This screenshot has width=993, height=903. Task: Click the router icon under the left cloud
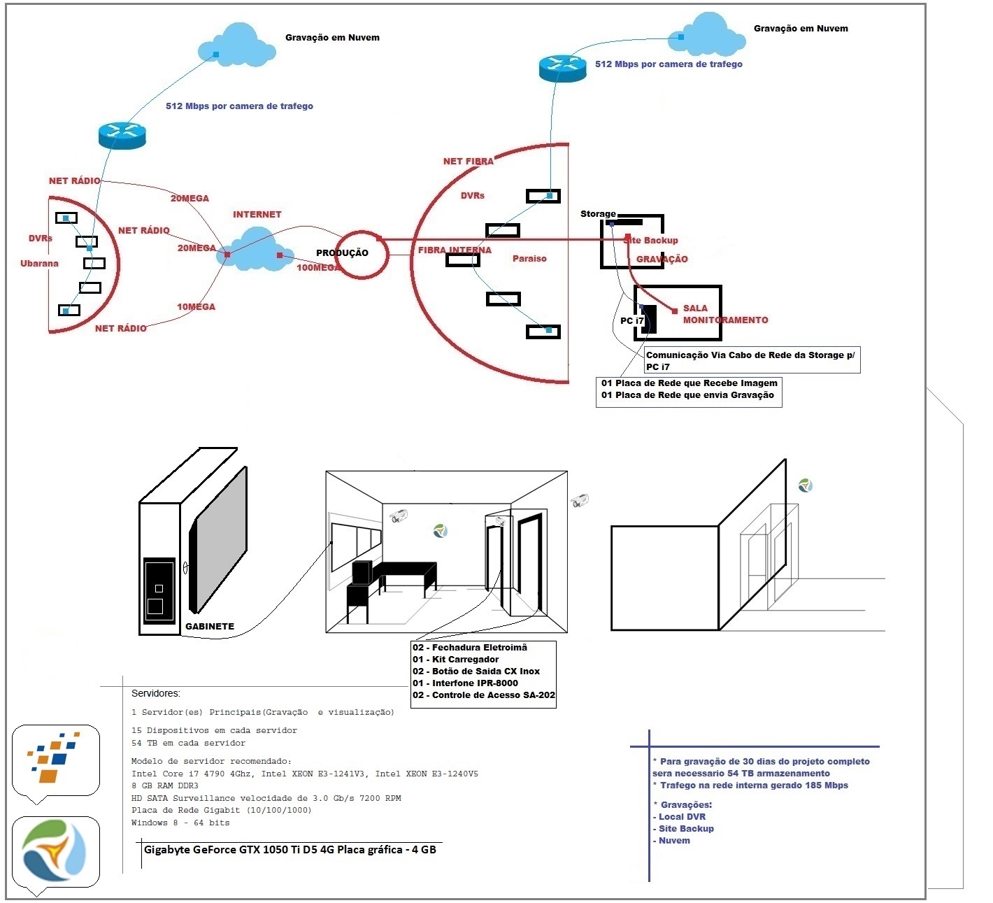pyautogui.click(x=122, y=135)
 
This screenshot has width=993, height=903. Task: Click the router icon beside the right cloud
pyautogui.click(x=563, y=68)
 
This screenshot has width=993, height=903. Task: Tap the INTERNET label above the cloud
pyautogui.click(x=257, y=215)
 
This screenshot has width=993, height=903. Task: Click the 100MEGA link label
pyautogui.click(x=317, y=267)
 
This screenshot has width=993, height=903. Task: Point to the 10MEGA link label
pyautogui.click(x=196, y=306)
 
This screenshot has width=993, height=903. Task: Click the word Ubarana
pyautogui.click(x=40, y=264)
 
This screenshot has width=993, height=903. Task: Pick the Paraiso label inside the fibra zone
pyautogui.click(x=529, y=259)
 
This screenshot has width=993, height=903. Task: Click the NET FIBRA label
pyautogui.click(x=469, y=162)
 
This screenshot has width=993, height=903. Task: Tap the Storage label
pyautogui.click(x=598, y=214)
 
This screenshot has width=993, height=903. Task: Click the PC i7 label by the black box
pyautogui.click(x=631, y=321)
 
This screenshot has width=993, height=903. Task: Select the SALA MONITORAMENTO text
pyautogui.click(x=725, y=314)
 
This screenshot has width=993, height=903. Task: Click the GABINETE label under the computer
pyautogui.click(x=210, y=627)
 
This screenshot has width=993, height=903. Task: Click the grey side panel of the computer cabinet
pyautogui.click(x=217, y=540)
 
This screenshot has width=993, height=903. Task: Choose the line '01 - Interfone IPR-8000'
pyautogui.click(x=465, y=683)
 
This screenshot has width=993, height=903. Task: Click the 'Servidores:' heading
pyautogui.click(x=156, y=693)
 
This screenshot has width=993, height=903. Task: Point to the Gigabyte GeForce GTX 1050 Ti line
pyautogui.click(x=290, y=850)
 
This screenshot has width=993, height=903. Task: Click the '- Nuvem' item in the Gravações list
pyautogui.click(x=671, y=841)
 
